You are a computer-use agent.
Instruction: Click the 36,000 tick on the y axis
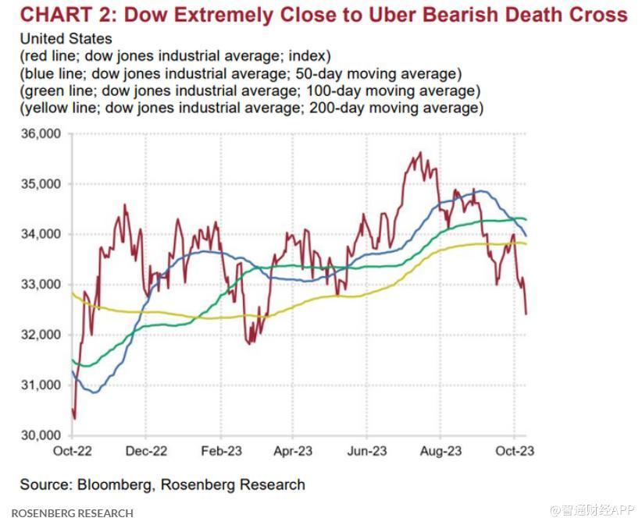[x=41, y=134]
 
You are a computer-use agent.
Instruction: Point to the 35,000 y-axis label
[x=41, y=184]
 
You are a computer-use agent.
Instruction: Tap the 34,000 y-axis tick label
[x=41, y=234]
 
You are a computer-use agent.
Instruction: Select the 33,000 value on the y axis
[x=41, y=285]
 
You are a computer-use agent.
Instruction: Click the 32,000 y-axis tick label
[x=41, y=335]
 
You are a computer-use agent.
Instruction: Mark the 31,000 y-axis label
[x=41, y=385]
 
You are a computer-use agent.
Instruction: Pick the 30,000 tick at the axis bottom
[x=41, y=435]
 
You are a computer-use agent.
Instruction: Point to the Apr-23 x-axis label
[x=293, y=452]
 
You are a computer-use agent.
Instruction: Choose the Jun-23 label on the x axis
[x=366, y=452]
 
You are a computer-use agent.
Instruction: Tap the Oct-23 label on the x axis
[x=513, y=452]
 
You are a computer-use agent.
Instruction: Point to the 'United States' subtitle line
[x=66, y=39]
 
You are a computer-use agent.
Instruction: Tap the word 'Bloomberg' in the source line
[x=115, y=484]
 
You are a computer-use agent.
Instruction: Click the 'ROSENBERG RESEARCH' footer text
[x=72, y=513]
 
